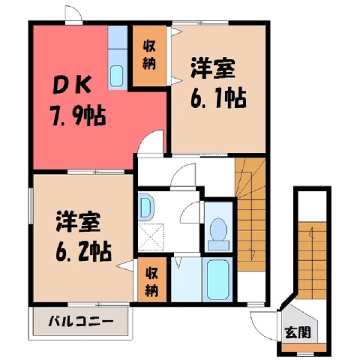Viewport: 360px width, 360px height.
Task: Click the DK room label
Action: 71,85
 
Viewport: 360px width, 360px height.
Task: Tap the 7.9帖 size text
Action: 78,116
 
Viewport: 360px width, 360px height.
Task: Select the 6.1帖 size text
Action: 218,98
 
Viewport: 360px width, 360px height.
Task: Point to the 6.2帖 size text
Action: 83,251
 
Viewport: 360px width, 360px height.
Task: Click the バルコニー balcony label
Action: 80,321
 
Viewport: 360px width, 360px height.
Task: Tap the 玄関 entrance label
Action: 298,332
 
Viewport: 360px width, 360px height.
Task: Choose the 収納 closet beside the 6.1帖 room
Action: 149,55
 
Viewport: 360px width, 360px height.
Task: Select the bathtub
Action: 218,280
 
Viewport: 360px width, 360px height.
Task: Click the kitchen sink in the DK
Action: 116,76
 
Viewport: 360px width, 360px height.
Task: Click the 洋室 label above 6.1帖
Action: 213,68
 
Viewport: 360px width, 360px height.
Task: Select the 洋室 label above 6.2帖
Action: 78,221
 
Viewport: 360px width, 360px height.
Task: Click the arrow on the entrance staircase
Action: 311,233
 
